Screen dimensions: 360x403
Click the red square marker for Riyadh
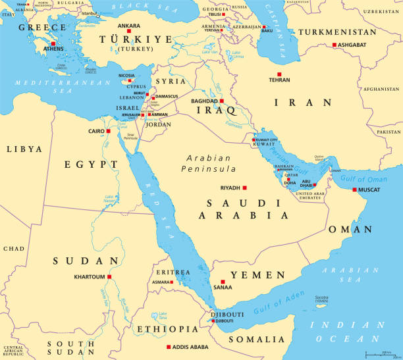(245, 187)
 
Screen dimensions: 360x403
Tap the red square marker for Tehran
(279, 74)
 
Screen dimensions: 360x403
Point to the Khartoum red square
(109, 277)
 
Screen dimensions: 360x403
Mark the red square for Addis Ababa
(169, 347)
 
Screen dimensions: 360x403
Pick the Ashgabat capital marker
(334, 44)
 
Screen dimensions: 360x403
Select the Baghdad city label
(203, 101)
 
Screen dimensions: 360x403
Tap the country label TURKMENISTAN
(340, 32)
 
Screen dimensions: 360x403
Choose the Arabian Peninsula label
(209, 163)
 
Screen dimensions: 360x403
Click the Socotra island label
(321, 298)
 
